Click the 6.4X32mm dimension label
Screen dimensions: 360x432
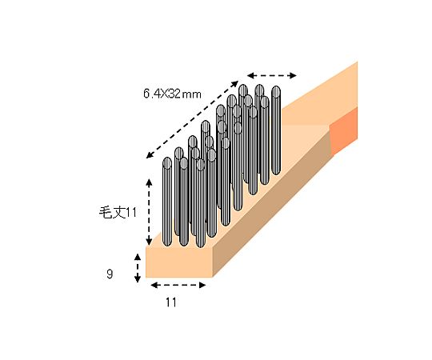click(x=173, y=94)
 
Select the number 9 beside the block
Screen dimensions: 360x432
click(x=109, y=274)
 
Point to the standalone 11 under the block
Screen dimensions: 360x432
click(x=170, y=302)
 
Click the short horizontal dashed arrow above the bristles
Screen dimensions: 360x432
click(x=271, y=75)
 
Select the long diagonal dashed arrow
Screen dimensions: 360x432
click(x=191, y=119)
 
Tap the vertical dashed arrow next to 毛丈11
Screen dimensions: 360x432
click(x=149, y=213)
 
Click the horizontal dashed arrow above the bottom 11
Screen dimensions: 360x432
click(x=178, y=284)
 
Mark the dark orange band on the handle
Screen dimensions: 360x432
click(x=344, y=130)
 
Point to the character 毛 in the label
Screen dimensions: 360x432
click(x=105, y=212)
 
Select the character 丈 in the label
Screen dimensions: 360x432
click(x=118, y=212)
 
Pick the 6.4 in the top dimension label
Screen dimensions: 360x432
click(x=151, y=94)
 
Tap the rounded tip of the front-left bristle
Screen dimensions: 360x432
click(x=167, y=163)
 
